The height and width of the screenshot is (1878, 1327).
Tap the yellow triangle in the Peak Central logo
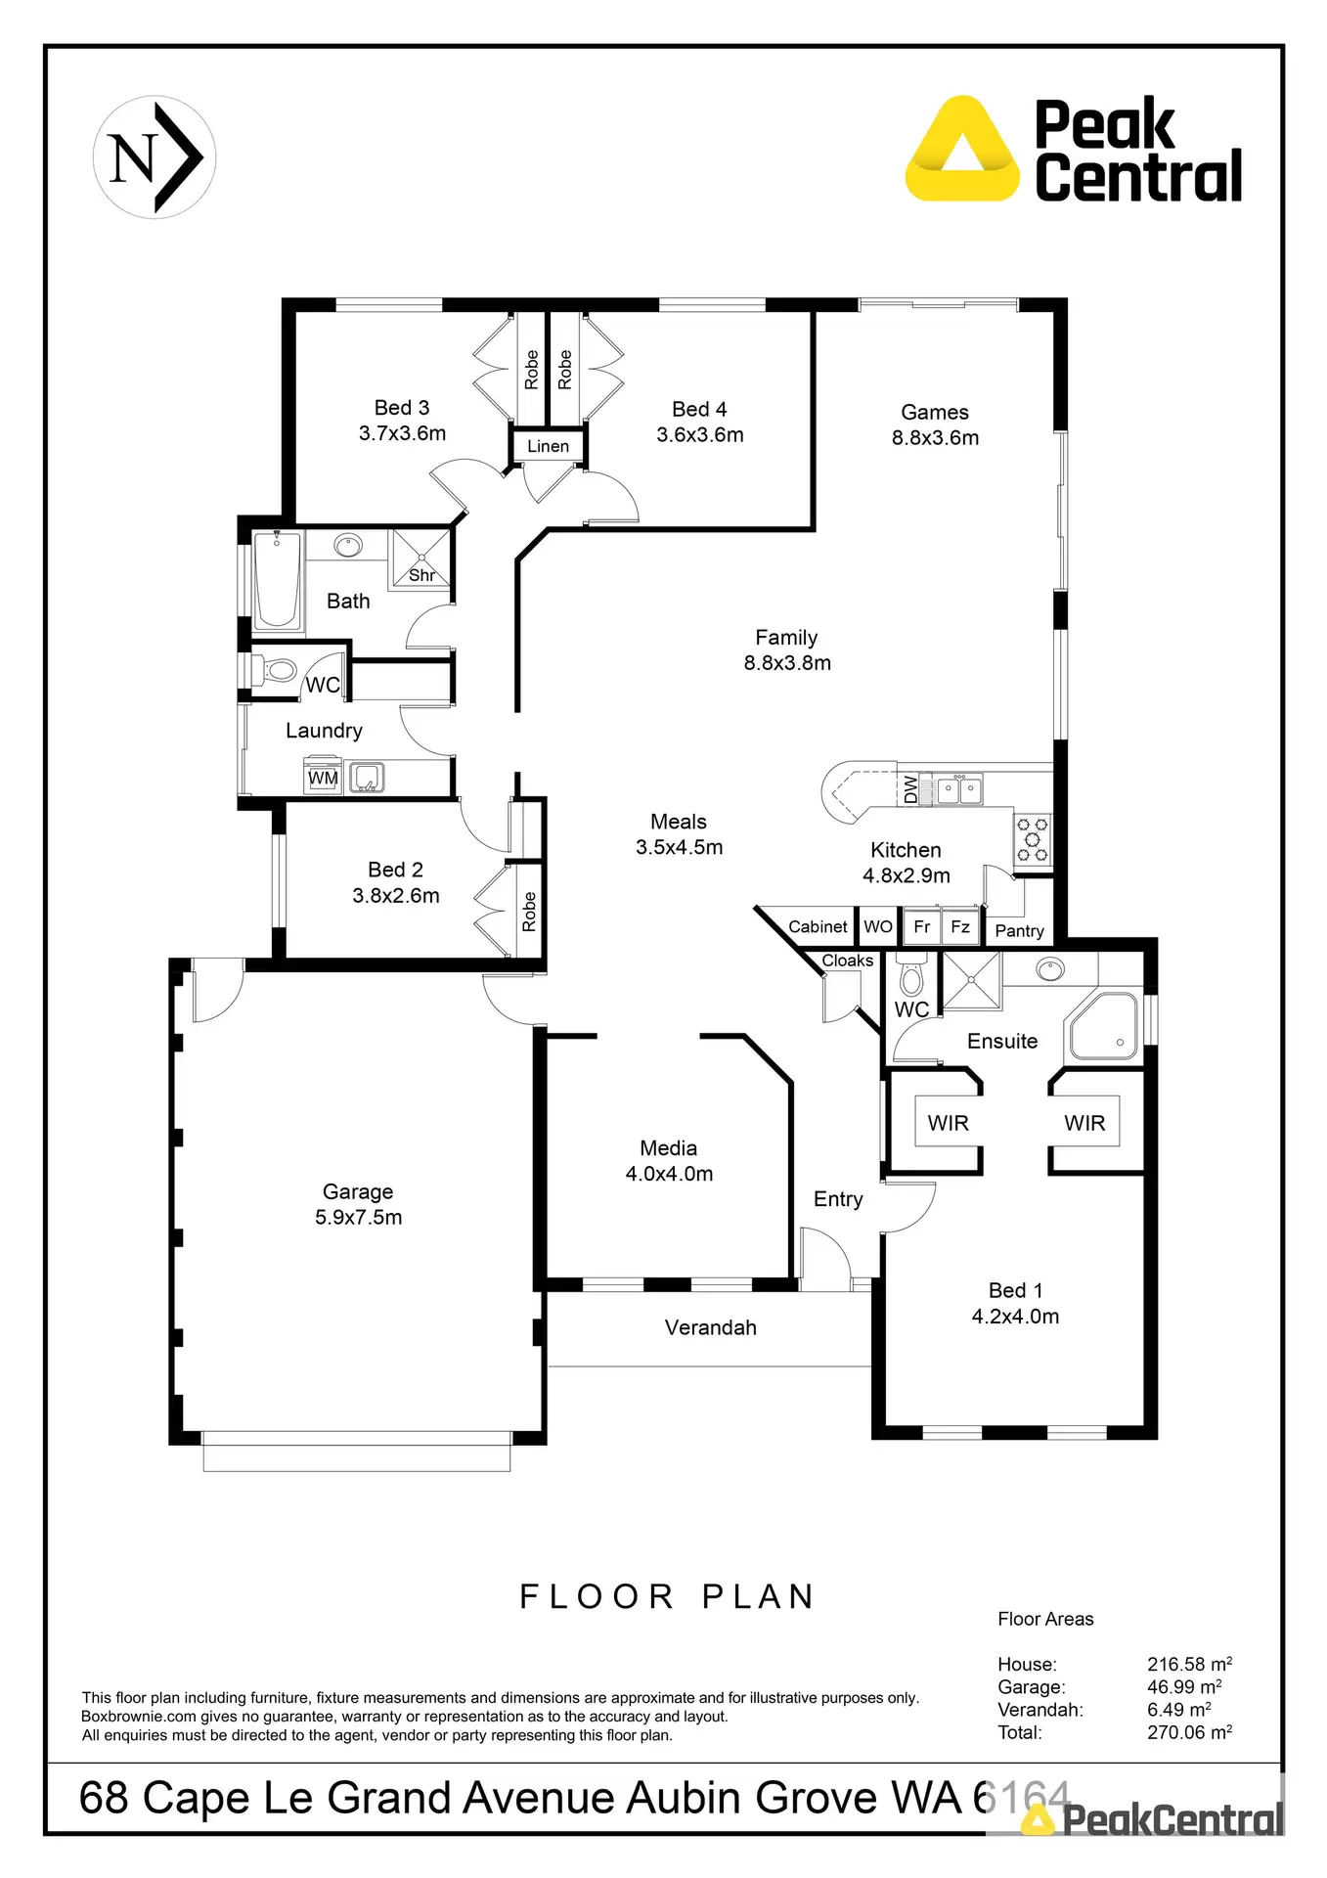[962, 153]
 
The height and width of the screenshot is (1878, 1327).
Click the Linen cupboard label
[548, 446]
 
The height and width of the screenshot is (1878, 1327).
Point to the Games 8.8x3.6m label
[935, 425]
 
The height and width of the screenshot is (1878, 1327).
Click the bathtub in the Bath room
[277, 580]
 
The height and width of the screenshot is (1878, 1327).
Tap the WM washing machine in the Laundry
[323, 779]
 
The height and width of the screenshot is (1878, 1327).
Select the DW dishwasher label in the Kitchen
[911, 788]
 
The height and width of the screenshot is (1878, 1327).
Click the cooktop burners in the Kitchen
[1033, 839]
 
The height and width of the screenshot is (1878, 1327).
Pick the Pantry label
[1019, 931]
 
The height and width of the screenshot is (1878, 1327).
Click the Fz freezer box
[960, 926]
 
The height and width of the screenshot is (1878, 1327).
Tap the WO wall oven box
[878, 926]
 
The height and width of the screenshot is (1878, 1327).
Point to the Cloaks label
[847, 961]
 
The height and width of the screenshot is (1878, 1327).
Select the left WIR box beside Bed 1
[948, 1123]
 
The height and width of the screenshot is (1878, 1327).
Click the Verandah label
[711, 1327]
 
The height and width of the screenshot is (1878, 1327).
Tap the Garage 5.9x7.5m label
[358, 1204]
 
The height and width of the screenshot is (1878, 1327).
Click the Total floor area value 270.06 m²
[1189, 1732]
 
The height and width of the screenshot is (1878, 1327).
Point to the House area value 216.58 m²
[1189, 1664]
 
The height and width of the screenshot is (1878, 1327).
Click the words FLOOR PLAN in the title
[668, 1596]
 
